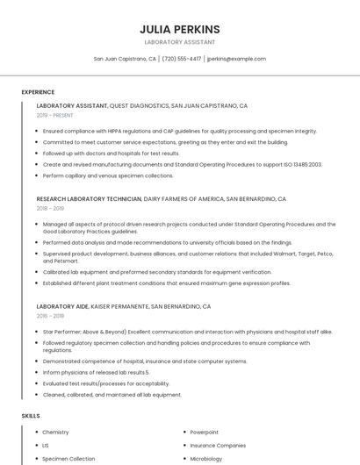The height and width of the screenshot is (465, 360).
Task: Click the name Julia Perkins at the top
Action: (179, 29)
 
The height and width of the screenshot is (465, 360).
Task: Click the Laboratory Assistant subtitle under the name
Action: (179, 42)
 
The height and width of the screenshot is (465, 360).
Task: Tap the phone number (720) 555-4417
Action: (182, 59)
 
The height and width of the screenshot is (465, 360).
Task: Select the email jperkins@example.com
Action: (236, 59)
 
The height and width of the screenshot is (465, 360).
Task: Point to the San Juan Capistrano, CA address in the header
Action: (125, 59)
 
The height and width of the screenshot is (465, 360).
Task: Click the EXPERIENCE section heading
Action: (38, 91)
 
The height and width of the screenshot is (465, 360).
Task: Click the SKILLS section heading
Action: (31, 415)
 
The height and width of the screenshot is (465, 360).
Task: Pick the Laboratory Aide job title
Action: (62, 307)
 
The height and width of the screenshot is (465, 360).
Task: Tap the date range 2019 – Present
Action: (54, 115)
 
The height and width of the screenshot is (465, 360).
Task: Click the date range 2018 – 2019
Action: (50, 209)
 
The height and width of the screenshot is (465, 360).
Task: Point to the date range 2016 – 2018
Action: (50, 316)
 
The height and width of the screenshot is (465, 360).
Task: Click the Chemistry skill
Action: (55, 433)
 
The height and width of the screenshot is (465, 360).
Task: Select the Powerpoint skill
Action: (204, 433)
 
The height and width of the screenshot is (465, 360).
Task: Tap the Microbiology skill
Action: (206, 458)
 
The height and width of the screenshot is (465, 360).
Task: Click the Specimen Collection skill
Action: (68, 458)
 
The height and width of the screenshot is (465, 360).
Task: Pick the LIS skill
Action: (46, 446)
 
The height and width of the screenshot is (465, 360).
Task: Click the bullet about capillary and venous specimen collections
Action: (108, 175)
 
